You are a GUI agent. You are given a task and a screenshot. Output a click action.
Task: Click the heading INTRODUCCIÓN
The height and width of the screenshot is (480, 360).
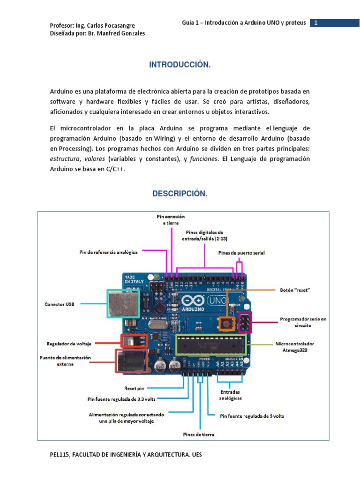coord(180,65)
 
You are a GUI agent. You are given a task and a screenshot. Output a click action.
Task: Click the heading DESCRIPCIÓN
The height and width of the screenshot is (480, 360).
coord(180,194)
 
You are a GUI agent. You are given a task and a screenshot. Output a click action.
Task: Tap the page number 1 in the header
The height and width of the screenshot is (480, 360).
coord(316,23)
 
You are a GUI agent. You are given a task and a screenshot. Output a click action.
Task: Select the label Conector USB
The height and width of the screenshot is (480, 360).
coord(60,304)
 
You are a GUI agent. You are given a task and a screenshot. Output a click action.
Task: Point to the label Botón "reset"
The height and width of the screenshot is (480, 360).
coord(295,290)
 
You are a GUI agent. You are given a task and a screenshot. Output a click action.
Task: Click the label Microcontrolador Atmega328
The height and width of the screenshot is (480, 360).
coord(297,346)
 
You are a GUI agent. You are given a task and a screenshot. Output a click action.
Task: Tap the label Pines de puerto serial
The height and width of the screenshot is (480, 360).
coord(241,253)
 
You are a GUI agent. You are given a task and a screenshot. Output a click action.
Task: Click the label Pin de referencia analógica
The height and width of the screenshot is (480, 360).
coord(108,252)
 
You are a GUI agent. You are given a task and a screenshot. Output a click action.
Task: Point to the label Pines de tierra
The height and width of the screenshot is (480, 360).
coord(199,435)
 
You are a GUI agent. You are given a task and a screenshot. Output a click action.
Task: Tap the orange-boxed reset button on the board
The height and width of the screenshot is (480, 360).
coord(228,322)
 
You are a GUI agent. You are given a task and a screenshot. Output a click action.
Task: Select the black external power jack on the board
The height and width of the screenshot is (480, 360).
coord(130,361)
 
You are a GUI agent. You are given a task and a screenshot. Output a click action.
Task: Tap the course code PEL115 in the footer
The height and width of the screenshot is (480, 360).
coord(60,455)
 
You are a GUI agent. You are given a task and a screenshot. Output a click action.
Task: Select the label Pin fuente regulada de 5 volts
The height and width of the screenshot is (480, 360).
coord(252,416)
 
